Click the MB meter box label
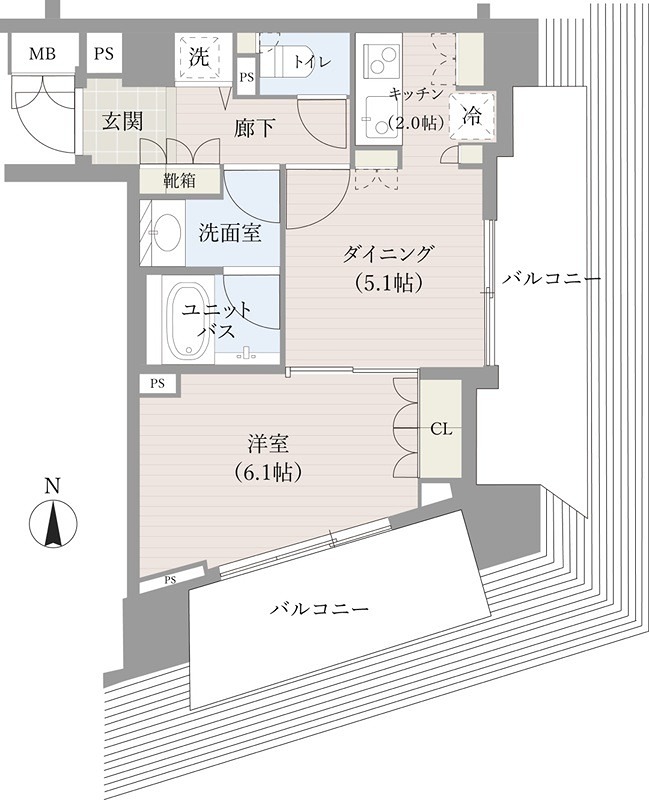[42, 54]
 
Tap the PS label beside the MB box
[104, 54]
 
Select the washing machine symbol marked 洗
[199, 57]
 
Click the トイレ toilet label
[306, 62]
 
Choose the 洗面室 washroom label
[230, 233]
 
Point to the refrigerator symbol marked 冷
[472, 115]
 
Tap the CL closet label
[441, 429]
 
